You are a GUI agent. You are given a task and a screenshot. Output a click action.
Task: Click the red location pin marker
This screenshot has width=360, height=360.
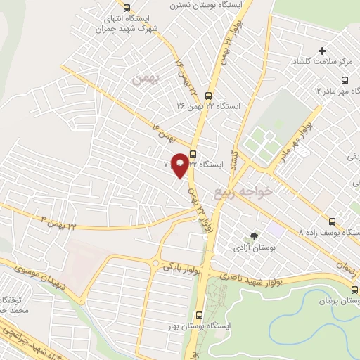pos(180,165)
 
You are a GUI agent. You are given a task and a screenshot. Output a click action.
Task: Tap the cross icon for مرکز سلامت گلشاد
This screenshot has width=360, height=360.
pos(323,51)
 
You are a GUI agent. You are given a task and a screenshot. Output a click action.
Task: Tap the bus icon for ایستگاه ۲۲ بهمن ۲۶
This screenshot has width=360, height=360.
pos(207,95)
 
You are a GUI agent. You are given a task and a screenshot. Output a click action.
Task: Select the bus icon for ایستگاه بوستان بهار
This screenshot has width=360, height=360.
pos(199,316)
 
